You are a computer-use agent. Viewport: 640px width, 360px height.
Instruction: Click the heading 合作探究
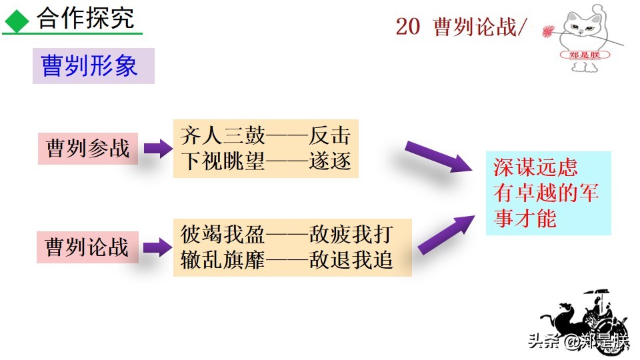point(85,18)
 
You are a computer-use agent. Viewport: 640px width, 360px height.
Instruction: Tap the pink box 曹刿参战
point(88,148)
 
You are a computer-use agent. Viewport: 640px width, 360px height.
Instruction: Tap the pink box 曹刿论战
point(87,247)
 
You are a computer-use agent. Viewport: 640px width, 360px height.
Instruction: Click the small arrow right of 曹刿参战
point(158,148)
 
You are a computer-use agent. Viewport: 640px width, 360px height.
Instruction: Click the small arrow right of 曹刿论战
point(158,248)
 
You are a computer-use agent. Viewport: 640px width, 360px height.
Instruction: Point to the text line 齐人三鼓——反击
point(265,136)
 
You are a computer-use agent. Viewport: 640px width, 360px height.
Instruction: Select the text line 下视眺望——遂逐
point(265,161)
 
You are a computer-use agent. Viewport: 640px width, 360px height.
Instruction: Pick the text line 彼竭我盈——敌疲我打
point(287,235)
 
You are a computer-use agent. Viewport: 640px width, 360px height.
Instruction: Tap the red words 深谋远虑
point(535,167)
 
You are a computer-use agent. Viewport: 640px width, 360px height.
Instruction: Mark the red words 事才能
point(525,218)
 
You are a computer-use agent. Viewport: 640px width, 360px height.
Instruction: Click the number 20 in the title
point(407,27)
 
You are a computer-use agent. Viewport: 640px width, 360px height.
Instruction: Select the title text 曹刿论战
point(475,27)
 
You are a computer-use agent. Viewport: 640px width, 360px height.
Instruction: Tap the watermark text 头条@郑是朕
point(577,342)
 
